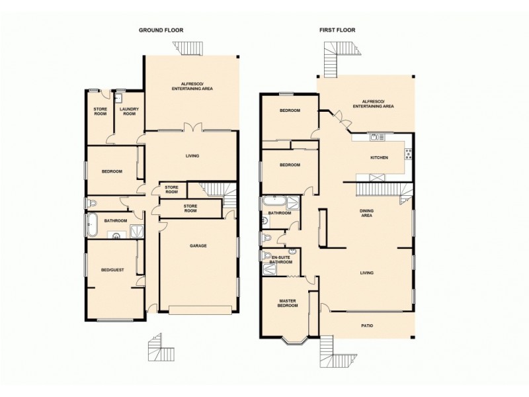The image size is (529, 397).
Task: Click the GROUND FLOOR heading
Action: tap(161, 30)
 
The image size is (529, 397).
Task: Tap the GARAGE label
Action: tap(198, 245)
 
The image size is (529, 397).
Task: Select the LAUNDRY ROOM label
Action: tap(128, 111)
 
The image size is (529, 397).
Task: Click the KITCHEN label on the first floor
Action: tap(379, 158)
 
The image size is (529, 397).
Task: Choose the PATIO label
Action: tap(367, 325)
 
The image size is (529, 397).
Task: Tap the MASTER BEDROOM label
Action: tap(286, 304)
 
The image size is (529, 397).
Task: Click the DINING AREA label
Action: tap(368, 213)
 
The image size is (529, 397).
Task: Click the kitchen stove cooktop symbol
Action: tap(408, 154)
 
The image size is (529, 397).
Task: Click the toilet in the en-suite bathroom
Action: tap(266, 256)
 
